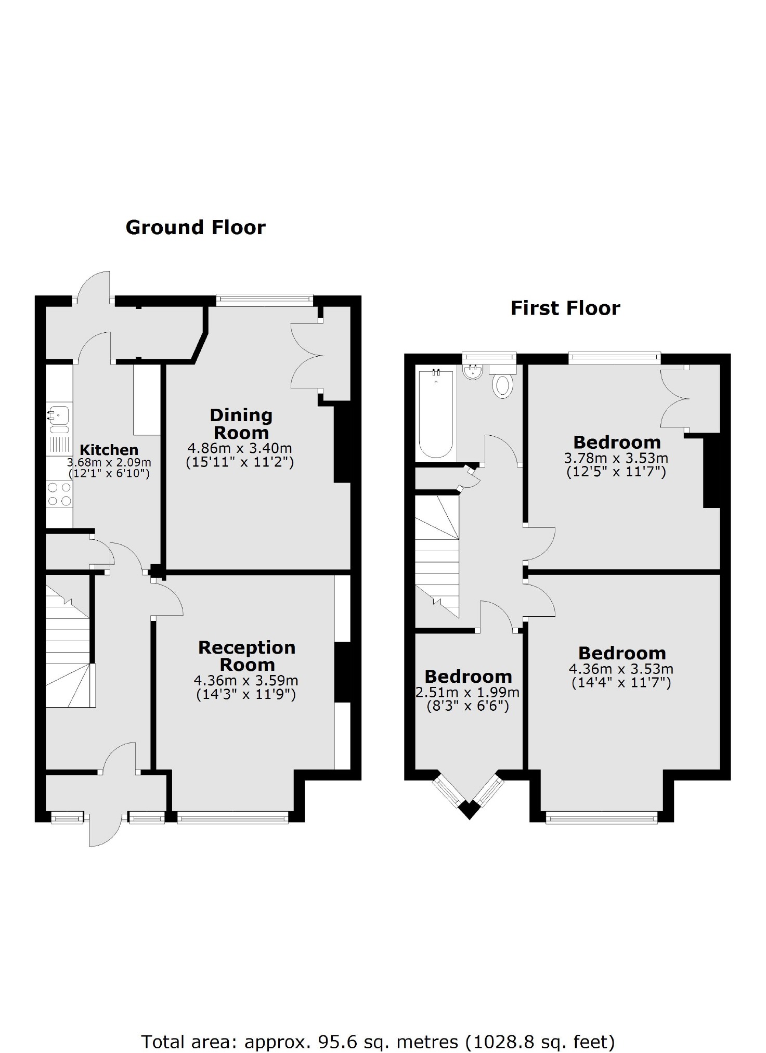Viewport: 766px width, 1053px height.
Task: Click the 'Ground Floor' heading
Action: pos(196,228)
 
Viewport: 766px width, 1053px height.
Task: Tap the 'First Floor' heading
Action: pos(565,308)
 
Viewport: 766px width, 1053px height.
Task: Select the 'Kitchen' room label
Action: pos(109,450)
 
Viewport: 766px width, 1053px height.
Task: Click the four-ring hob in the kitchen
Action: pos(59,494)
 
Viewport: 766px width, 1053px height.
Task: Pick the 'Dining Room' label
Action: pos(241,424)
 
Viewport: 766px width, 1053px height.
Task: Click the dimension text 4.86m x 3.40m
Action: pos(240,448)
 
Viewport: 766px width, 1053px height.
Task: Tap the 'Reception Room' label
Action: pos(247,656)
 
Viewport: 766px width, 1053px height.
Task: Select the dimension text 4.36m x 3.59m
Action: pos(246,680)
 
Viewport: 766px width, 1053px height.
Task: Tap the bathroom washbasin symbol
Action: pos(473,372)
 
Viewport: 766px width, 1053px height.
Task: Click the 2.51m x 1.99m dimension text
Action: pos(468,692)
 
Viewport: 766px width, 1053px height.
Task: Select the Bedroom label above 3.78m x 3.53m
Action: pos(617,443)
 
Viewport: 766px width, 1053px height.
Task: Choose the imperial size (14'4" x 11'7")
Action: pos(621,682)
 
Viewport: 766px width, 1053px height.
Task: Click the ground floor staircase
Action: pos(68,645)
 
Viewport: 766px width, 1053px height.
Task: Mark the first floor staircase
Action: pos(437,556)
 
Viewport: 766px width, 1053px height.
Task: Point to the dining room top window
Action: pos(265,298)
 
